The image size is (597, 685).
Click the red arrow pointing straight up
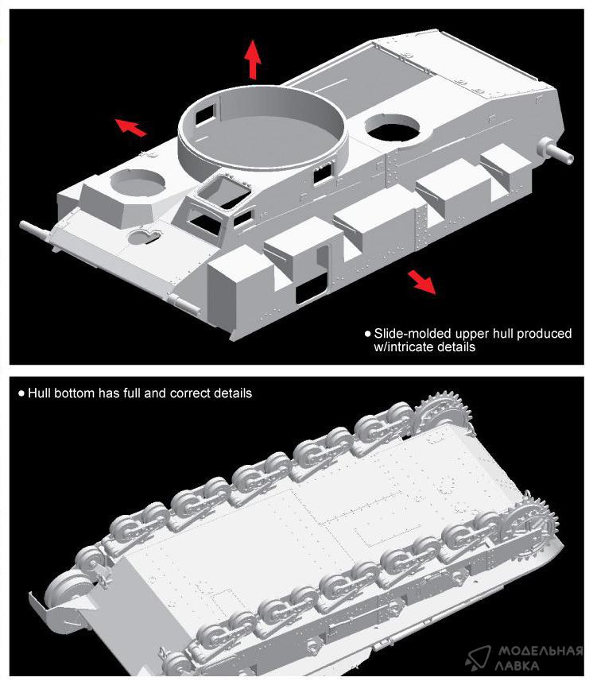point(253,60)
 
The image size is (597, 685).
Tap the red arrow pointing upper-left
point(130,127)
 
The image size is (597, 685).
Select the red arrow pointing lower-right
point(422,282)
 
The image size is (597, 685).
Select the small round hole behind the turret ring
point(392,128)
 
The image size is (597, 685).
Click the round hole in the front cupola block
point(138,183)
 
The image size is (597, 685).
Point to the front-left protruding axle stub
point(35,230)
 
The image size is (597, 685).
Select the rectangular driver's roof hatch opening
point(223,192)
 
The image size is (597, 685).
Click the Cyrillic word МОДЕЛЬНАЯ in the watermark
point(541,652)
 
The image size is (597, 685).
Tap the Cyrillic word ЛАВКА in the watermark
point(518,666)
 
